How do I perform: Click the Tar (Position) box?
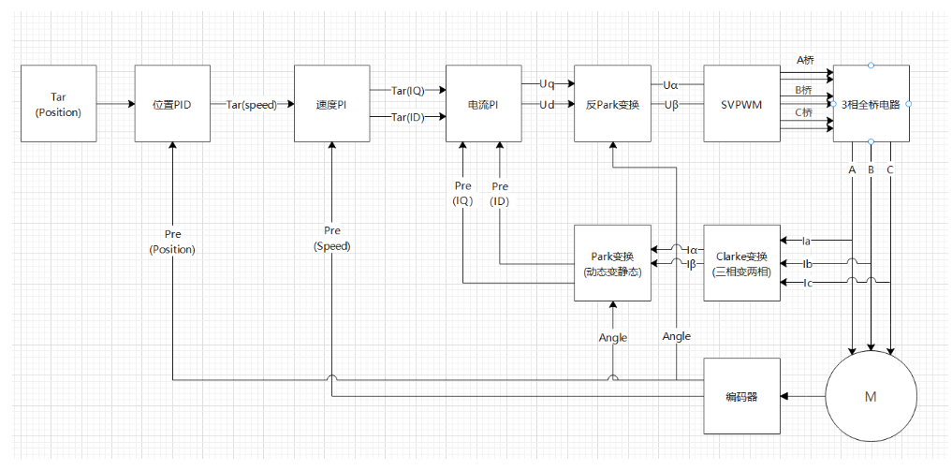click(58, 104)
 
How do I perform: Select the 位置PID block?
click(172, 104)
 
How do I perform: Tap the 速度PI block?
click(332, 104)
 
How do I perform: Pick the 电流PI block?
click(483, 104)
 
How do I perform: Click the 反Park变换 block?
click(612, 104)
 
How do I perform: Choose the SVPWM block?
click(741, 104)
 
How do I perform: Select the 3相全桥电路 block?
click(871, 104)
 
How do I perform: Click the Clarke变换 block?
click(741, 263)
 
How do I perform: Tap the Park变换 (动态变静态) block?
click(612, 263)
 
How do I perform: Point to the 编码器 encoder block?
click(741, 396)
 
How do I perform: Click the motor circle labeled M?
click(871, 396)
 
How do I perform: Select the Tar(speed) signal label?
click(252, 105)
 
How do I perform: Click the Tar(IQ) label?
click(408, 91)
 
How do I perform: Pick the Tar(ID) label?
click(408, 117)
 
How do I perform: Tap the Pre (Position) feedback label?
click(172, 241)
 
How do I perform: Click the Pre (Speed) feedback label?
click(332, 239)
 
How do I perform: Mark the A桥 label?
click(804, 60)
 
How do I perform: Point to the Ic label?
click(807, 283)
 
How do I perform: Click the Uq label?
click(546, 84)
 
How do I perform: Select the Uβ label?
click(671, 104)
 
